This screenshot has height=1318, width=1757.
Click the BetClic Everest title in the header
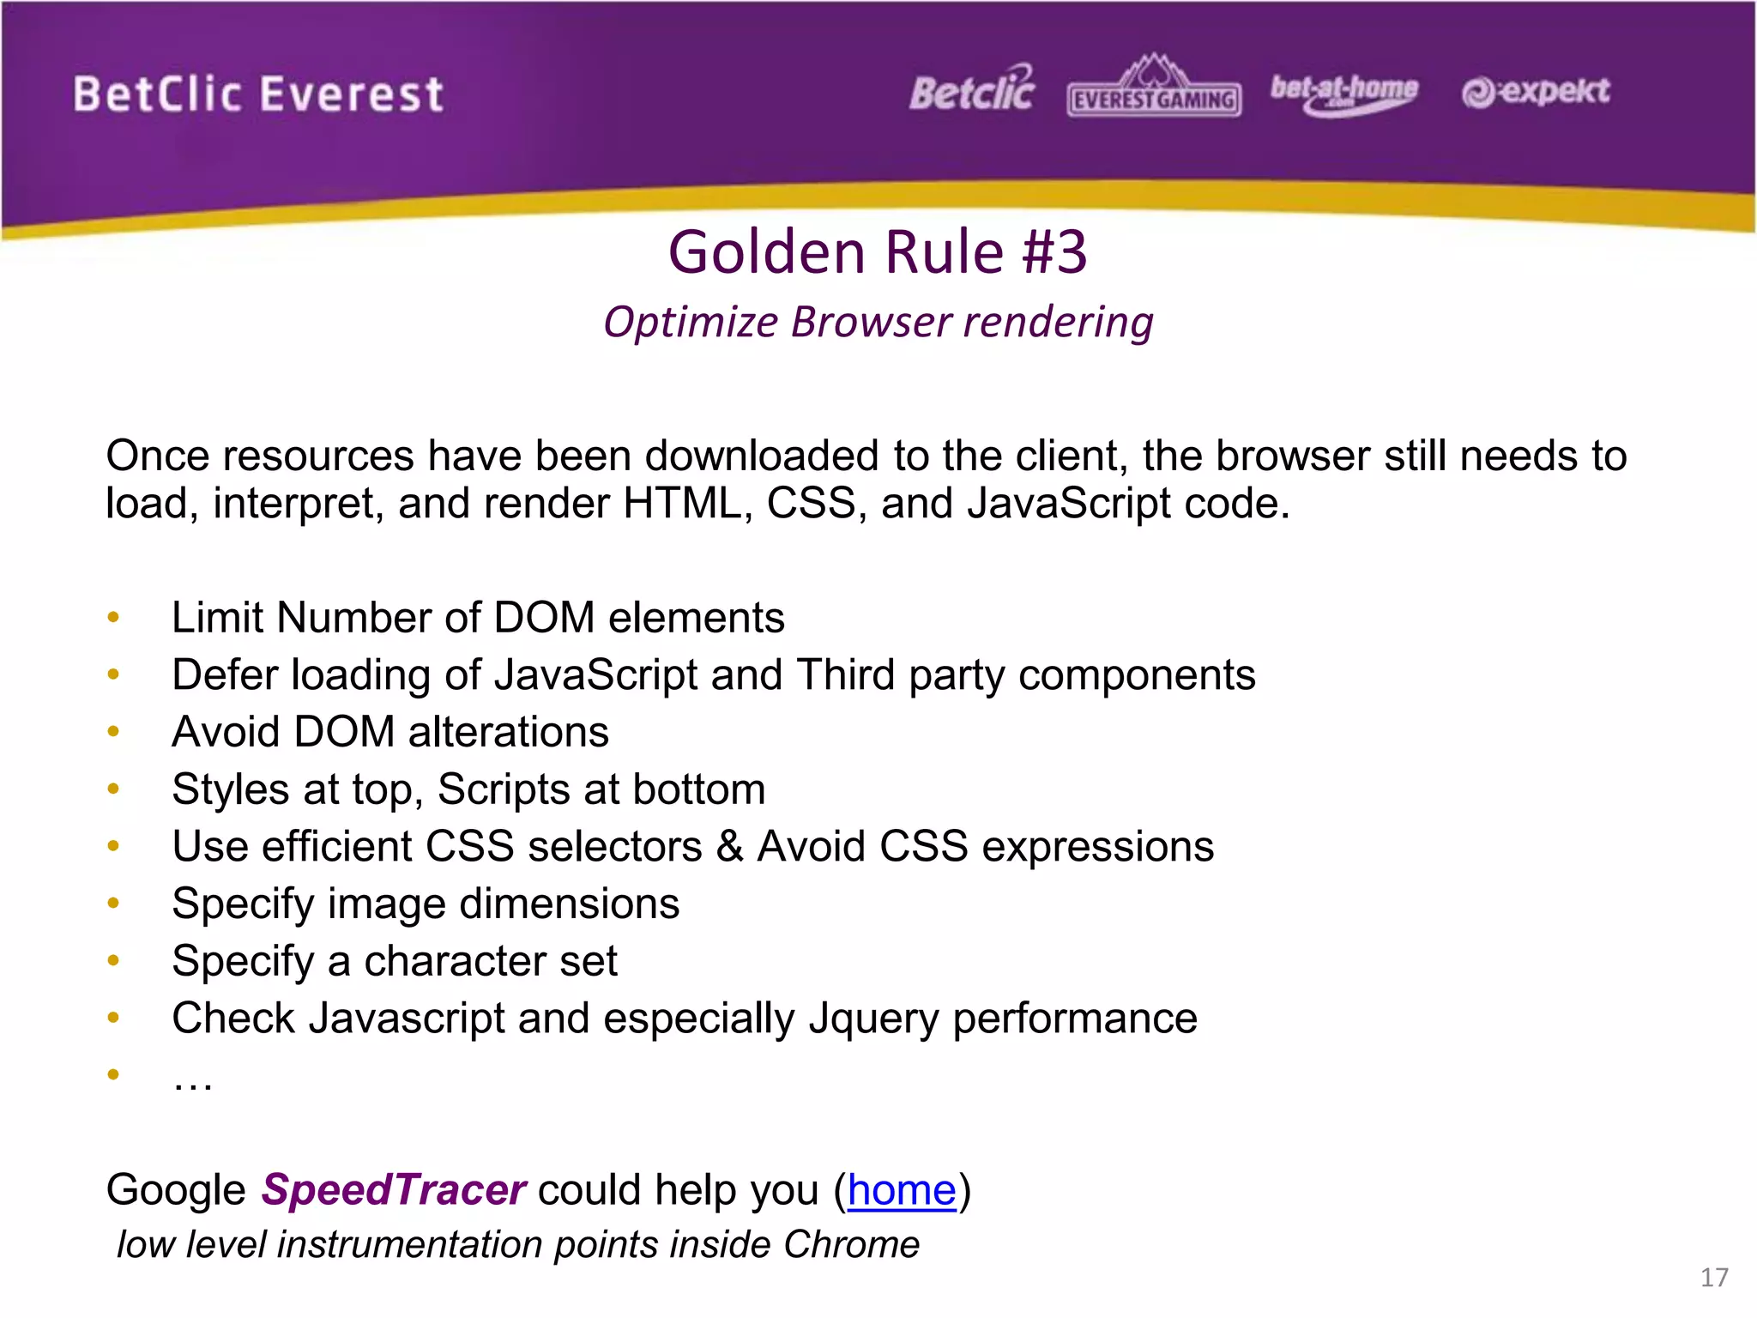point(258,94)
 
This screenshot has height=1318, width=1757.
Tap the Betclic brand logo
point(972,91)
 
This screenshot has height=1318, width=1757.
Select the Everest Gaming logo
point(1154,90)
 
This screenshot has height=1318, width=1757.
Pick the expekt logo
point(1536,91)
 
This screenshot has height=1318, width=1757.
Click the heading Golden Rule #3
point(878,252)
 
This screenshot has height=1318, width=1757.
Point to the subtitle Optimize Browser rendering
point(878,323)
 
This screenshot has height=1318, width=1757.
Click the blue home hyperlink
point(901,1190)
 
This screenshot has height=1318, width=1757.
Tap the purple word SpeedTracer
point(393,1190)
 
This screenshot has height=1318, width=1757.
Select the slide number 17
point(1714,1278)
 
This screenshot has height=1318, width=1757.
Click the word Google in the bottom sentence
point(176,1190)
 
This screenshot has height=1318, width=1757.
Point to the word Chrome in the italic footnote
point(850,1244)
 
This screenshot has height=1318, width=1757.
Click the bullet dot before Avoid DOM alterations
point(113,731)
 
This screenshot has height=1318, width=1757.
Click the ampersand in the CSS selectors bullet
point(729,846)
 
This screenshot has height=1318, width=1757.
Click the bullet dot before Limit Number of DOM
point(113,617)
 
